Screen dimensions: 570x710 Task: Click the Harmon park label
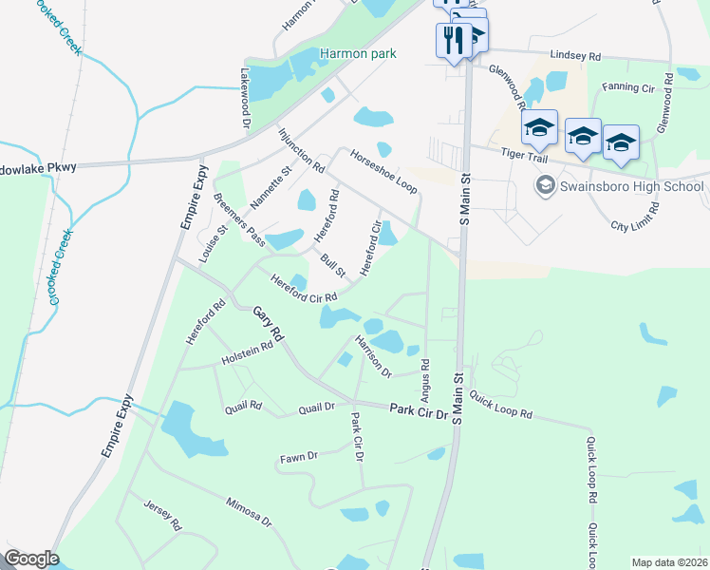click(358, 54)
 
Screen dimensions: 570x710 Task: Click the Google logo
click(30, 559)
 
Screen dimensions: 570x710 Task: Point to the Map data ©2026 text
click(670, 562)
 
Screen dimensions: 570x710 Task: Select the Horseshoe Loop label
click(383, 169)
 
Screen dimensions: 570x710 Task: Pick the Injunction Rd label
click(301, 150)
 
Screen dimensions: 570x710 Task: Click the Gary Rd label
click(268, 324)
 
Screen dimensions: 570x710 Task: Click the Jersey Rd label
click(162, 515)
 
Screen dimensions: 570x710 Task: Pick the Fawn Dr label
click(298, 458)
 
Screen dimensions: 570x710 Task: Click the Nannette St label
click(270, 189)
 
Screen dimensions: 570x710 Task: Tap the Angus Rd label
click(424, 377)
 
